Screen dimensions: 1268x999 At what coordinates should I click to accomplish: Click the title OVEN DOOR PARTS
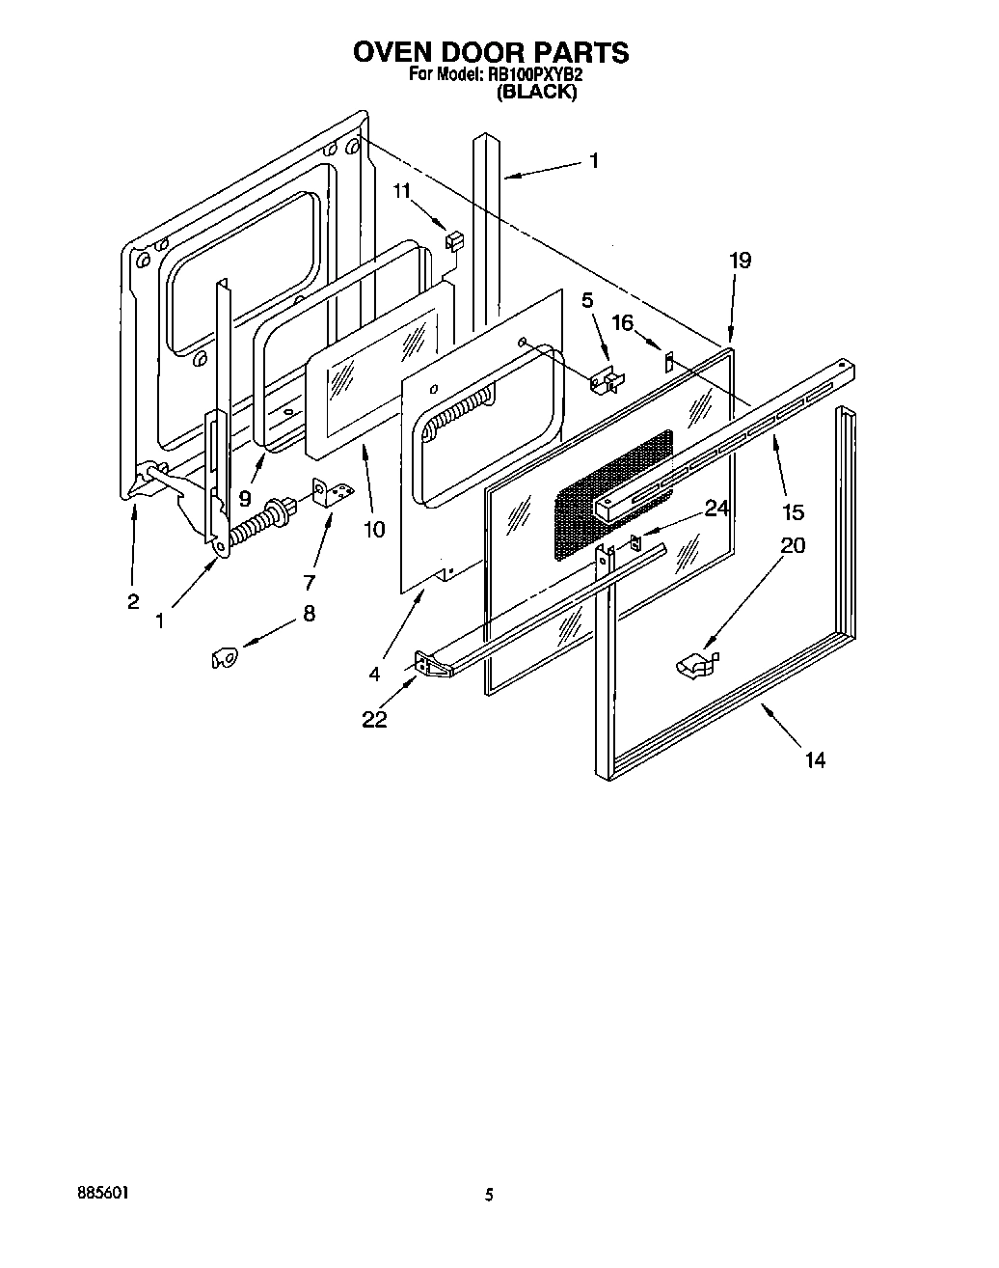pyautogui.click(x=491, y=52)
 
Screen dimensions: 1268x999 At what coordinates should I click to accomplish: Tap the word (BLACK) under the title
pyautogui.click(x=536, y=93)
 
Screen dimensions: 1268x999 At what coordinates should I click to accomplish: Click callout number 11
pyautogui.click(x=402, y=191)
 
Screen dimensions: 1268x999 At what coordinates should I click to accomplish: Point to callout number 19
pyautogui.click(x=740, y=260)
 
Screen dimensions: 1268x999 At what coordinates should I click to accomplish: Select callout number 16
pyautogui.click(x=623, y=322)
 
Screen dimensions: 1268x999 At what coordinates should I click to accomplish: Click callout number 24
pyautogui.click(x=716, y=509)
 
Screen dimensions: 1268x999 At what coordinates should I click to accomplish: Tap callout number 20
pyautogui.click(x=792, y=545)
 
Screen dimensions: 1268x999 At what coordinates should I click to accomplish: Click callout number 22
pyautogui.click(x=374, y=719)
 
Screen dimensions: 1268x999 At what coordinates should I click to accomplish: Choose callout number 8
pyautogui.click(x=309, y=613)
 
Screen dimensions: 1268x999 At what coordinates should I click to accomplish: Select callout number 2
pyautogui.click(x=133, y=601)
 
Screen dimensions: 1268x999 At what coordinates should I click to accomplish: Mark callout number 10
pyautogui.click(x=373, y=529)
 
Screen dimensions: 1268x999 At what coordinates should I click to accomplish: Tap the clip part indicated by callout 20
pyautogui.click(x=698, y=664)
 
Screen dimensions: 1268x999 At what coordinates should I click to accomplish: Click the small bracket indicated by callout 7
pyautogui.click(x=333, y=491)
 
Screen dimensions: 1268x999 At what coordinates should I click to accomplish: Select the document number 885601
pyautogui.click(x=103, y=1194)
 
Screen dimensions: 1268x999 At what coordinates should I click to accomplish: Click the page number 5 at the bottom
pyautogui.click(x=489, y=1195)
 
